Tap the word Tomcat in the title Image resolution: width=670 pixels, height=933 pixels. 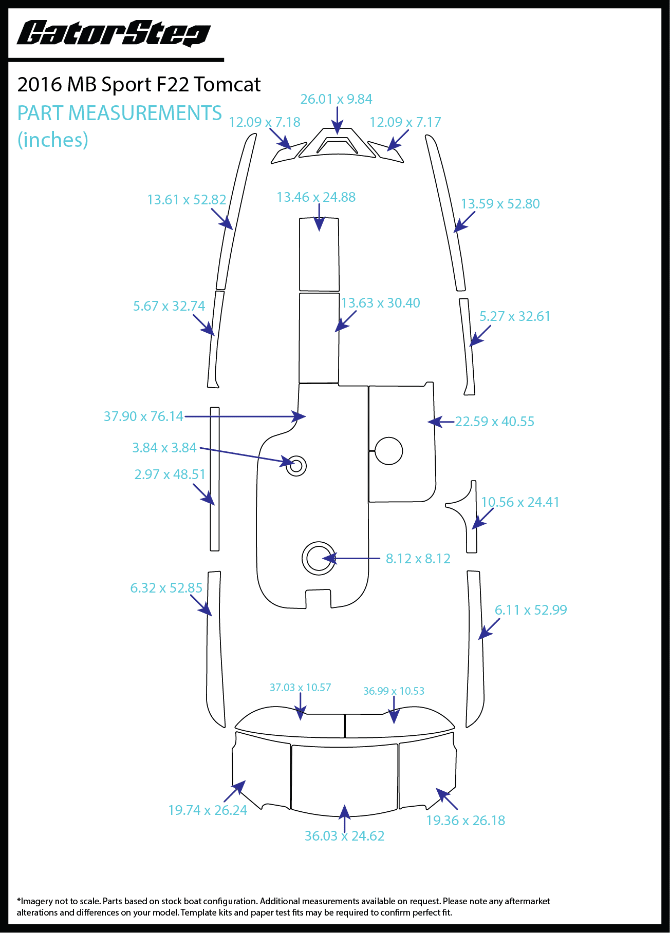click(228, 85)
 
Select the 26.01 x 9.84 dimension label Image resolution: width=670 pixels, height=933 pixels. click(336, 99)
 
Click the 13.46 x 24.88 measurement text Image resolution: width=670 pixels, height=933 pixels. click(316, 197)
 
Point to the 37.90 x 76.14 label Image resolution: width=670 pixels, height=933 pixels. click(143, 416)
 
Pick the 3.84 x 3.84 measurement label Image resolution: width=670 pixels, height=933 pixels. click(164, 448)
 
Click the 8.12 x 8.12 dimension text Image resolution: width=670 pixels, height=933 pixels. click(418, 559)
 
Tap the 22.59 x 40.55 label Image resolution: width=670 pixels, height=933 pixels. click(495, 422)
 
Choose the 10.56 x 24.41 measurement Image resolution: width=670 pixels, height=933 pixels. click(520, 502)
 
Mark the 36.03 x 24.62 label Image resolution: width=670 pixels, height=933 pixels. click(344, 836)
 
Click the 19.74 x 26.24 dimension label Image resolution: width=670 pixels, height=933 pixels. click(208, 810)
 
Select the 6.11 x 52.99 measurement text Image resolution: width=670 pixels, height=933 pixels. click(531, 610)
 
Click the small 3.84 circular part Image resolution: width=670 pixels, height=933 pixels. click(296, 466)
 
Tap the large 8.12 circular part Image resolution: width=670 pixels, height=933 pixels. click(319, 558)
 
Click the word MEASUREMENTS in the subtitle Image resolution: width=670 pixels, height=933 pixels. click(145, 113)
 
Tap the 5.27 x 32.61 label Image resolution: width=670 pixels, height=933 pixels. click(515, 316)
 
